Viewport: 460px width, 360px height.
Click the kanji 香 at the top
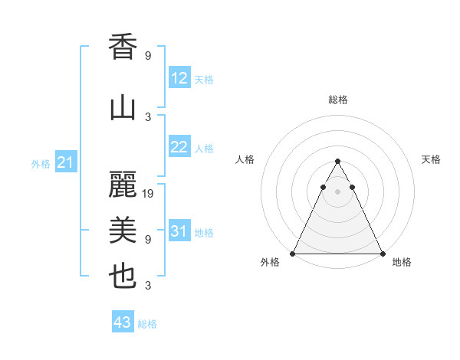tap(123, 47)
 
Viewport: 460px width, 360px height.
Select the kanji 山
tap(123, 107)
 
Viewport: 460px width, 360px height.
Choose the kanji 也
tap(123, 277)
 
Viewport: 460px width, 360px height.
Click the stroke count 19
tap(149, 194)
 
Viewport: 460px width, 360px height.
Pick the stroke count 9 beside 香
tap(148, 56)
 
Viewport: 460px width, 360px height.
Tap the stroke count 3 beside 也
tap(148, 286)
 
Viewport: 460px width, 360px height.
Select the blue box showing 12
tap(179, 78)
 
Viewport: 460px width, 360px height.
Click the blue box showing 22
tap(179, 148)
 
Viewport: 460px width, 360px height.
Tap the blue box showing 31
tap(179, 231)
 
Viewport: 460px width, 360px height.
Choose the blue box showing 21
tap(65, 162)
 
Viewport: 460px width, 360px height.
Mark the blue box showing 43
tap(123, 322)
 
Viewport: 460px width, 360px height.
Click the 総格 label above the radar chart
tap(337, 100)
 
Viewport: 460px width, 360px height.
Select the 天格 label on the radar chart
tap(431, 159)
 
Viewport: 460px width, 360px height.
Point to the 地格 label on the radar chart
tap(402, 262)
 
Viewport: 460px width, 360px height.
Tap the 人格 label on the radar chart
tap(245, 159)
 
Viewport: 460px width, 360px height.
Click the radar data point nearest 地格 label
tap(382, 253)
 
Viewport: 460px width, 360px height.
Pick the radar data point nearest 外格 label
tap(293, 253)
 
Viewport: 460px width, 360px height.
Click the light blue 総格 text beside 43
tap(147, 324)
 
